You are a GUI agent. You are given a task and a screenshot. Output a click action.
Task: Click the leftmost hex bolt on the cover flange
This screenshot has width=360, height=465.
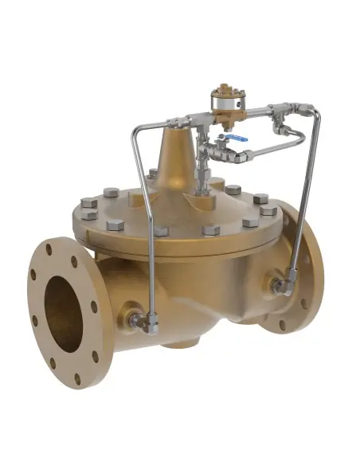(x=89, y=214)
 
